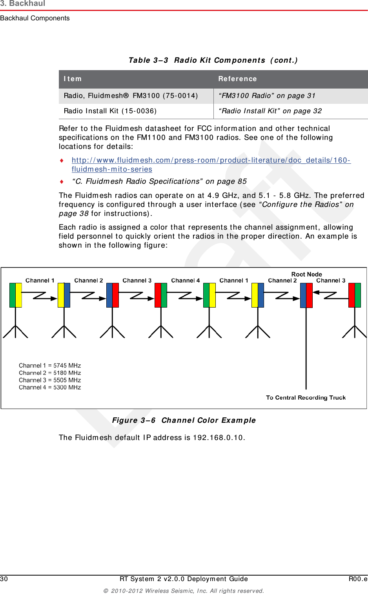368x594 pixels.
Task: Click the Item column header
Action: [x=73, y=79]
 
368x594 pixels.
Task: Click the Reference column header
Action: [x=237, y=79]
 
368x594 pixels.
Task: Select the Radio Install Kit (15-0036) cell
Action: [x=110, y=111]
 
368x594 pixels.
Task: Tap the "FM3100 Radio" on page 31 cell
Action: [x=267, y=96]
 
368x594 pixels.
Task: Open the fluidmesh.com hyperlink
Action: [x=211, y=160]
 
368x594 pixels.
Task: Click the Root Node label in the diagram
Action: [x=306, y=274]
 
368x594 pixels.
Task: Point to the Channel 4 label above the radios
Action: [x=185, y=281]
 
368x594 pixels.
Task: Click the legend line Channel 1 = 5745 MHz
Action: [x=50, y=366]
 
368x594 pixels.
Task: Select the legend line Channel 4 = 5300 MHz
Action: [x=50, y=388]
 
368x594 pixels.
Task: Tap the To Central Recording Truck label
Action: [x=306, y=398]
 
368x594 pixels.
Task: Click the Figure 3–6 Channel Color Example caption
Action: [x=184, y=420]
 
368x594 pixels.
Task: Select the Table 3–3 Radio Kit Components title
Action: [x=213, y=60]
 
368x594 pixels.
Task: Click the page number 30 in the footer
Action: [x=4, y=579]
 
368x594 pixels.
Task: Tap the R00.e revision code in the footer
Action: [x=358, y=579]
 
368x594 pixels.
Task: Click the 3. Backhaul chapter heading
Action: [x=23, y=4]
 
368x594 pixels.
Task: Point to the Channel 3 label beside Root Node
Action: [x=331, y=281]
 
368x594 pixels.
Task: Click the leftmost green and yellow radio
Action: [x=16, y=295]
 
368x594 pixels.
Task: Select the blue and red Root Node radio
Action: [x=306, y=295]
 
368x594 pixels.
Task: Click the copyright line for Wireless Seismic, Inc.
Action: [x=184, y=591]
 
